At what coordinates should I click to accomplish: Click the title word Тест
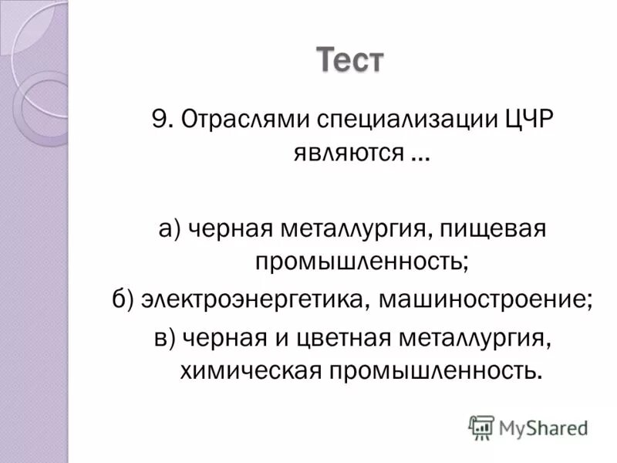350,60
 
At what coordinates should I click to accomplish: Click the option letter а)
170,229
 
